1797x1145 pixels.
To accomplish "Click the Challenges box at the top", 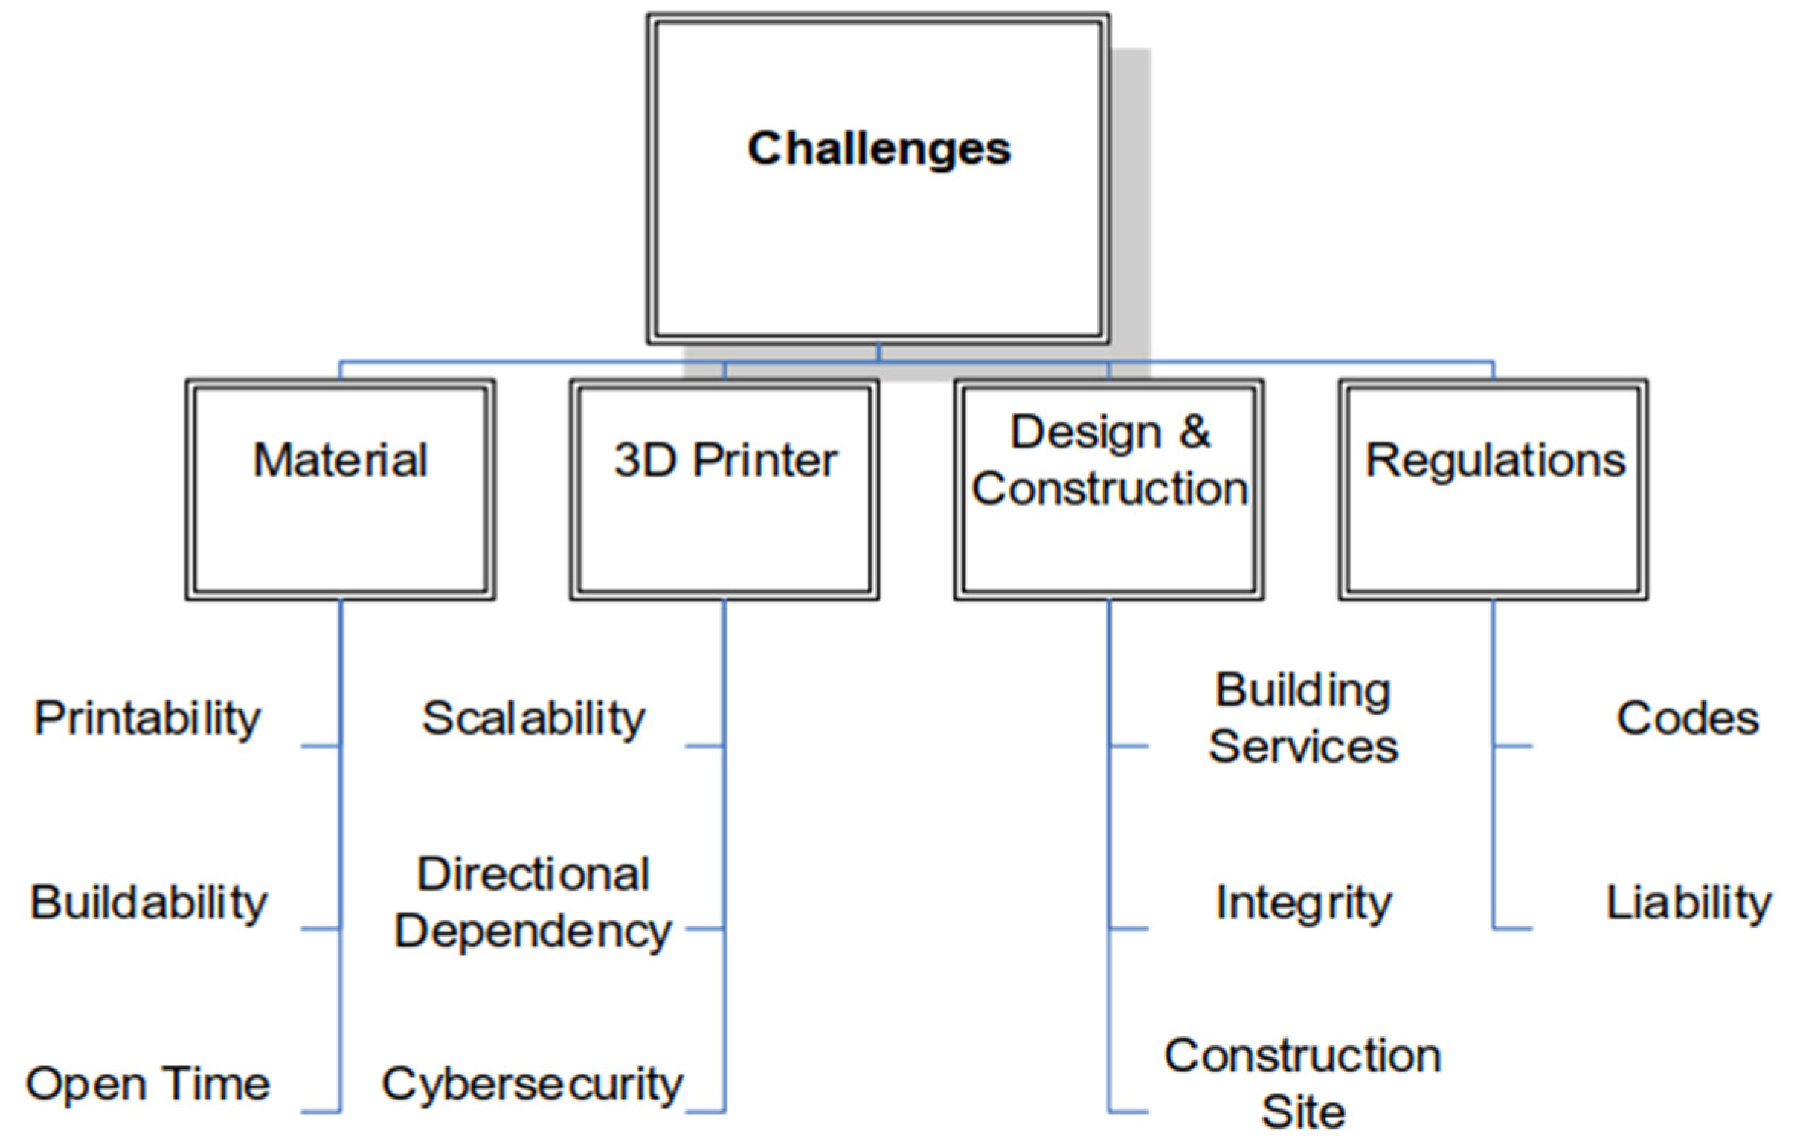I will pos(878,179).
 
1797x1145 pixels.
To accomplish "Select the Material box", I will pos(341,490).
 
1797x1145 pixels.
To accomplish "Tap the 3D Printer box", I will pos(724,490).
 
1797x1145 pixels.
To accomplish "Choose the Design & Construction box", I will pos(1109,490).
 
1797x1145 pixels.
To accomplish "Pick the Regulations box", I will pos(1494,490).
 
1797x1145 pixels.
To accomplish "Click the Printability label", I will pos(148,719).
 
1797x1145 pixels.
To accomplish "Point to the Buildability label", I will pos(149,903).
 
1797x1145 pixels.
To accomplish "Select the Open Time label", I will pos(148,1084).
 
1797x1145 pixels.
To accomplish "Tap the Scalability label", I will pos(533,719).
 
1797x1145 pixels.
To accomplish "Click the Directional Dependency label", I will pos(533,903).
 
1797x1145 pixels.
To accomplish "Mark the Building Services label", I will pos(1303,717).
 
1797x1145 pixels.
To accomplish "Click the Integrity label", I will pos(1303,903).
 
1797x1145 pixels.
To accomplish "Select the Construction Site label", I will pos(1303,1084).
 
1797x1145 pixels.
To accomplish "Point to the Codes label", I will pos(1688,719).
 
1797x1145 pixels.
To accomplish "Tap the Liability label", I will pos(1688,903).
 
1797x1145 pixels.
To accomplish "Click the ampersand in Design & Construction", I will pos(1195,432).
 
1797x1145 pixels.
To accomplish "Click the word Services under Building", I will pos(1303,746).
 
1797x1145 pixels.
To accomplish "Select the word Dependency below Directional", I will pos(533,932).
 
